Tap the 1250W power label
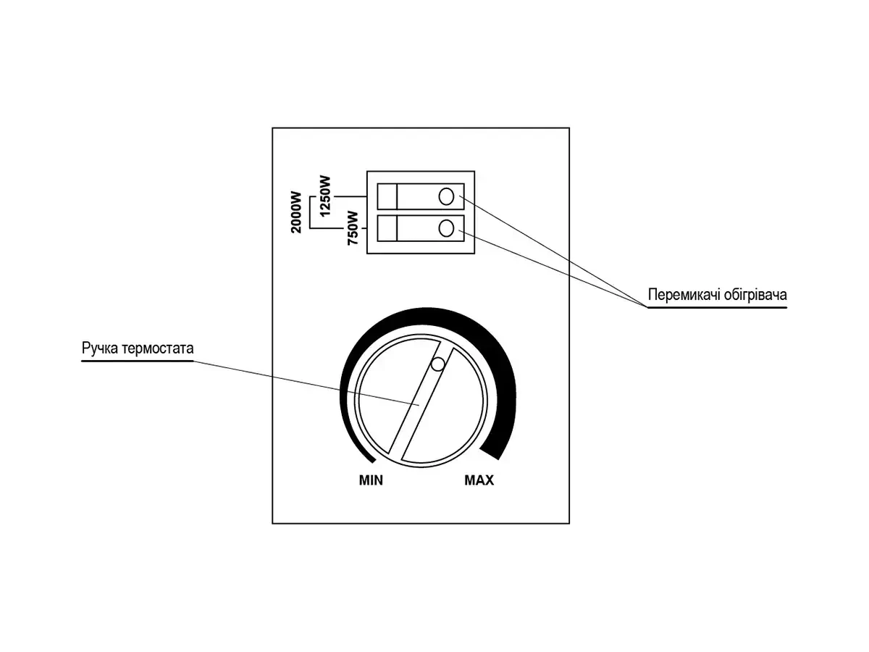324,195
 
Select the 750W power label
353,228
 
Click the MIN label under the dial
371,480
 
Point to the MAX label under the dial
479,480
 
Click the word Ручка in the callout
98,348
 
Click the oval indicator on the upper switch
447,196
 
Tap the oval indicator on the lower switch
447,228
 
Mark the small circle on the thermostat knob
437,365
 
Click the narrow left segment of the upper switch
387,196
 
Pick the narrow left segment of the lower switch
387,228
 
